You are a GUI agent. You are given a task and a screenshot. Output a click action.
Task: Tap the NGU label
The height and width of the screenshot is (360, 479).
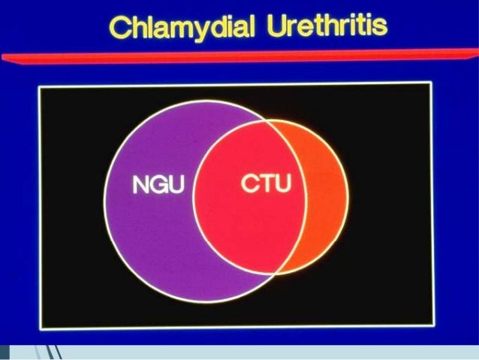[x=158, y=185]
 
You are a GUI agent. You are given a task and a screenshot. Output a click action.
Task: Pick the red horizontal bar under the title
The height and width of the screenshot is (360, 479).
[x=239, y=56]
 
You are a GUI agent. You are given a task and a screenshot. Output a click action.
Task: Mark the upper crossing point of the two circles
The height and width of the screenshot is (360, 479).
[x=264, y=121]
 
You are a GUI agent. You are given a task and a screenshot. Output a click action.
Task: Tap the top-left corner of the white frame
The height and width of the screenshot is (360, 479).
[x=39, y=87]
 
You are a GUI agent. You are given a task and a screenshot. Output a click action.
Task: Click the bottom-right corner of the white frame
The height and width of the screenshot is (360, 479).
[x=434, y=325]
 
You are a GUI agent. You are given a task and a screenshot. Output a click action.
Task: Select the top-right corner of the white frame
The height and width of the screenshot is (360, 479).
[x=431, y=83]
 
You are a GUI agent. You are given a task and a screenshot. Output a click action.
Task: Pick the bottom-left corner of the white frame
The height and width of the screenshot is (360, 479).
[x=41, y=328]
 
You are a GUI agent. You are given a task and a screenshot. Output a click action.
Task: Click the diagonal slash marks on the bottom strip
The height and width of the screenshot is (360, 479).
[x=53, y=352]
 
